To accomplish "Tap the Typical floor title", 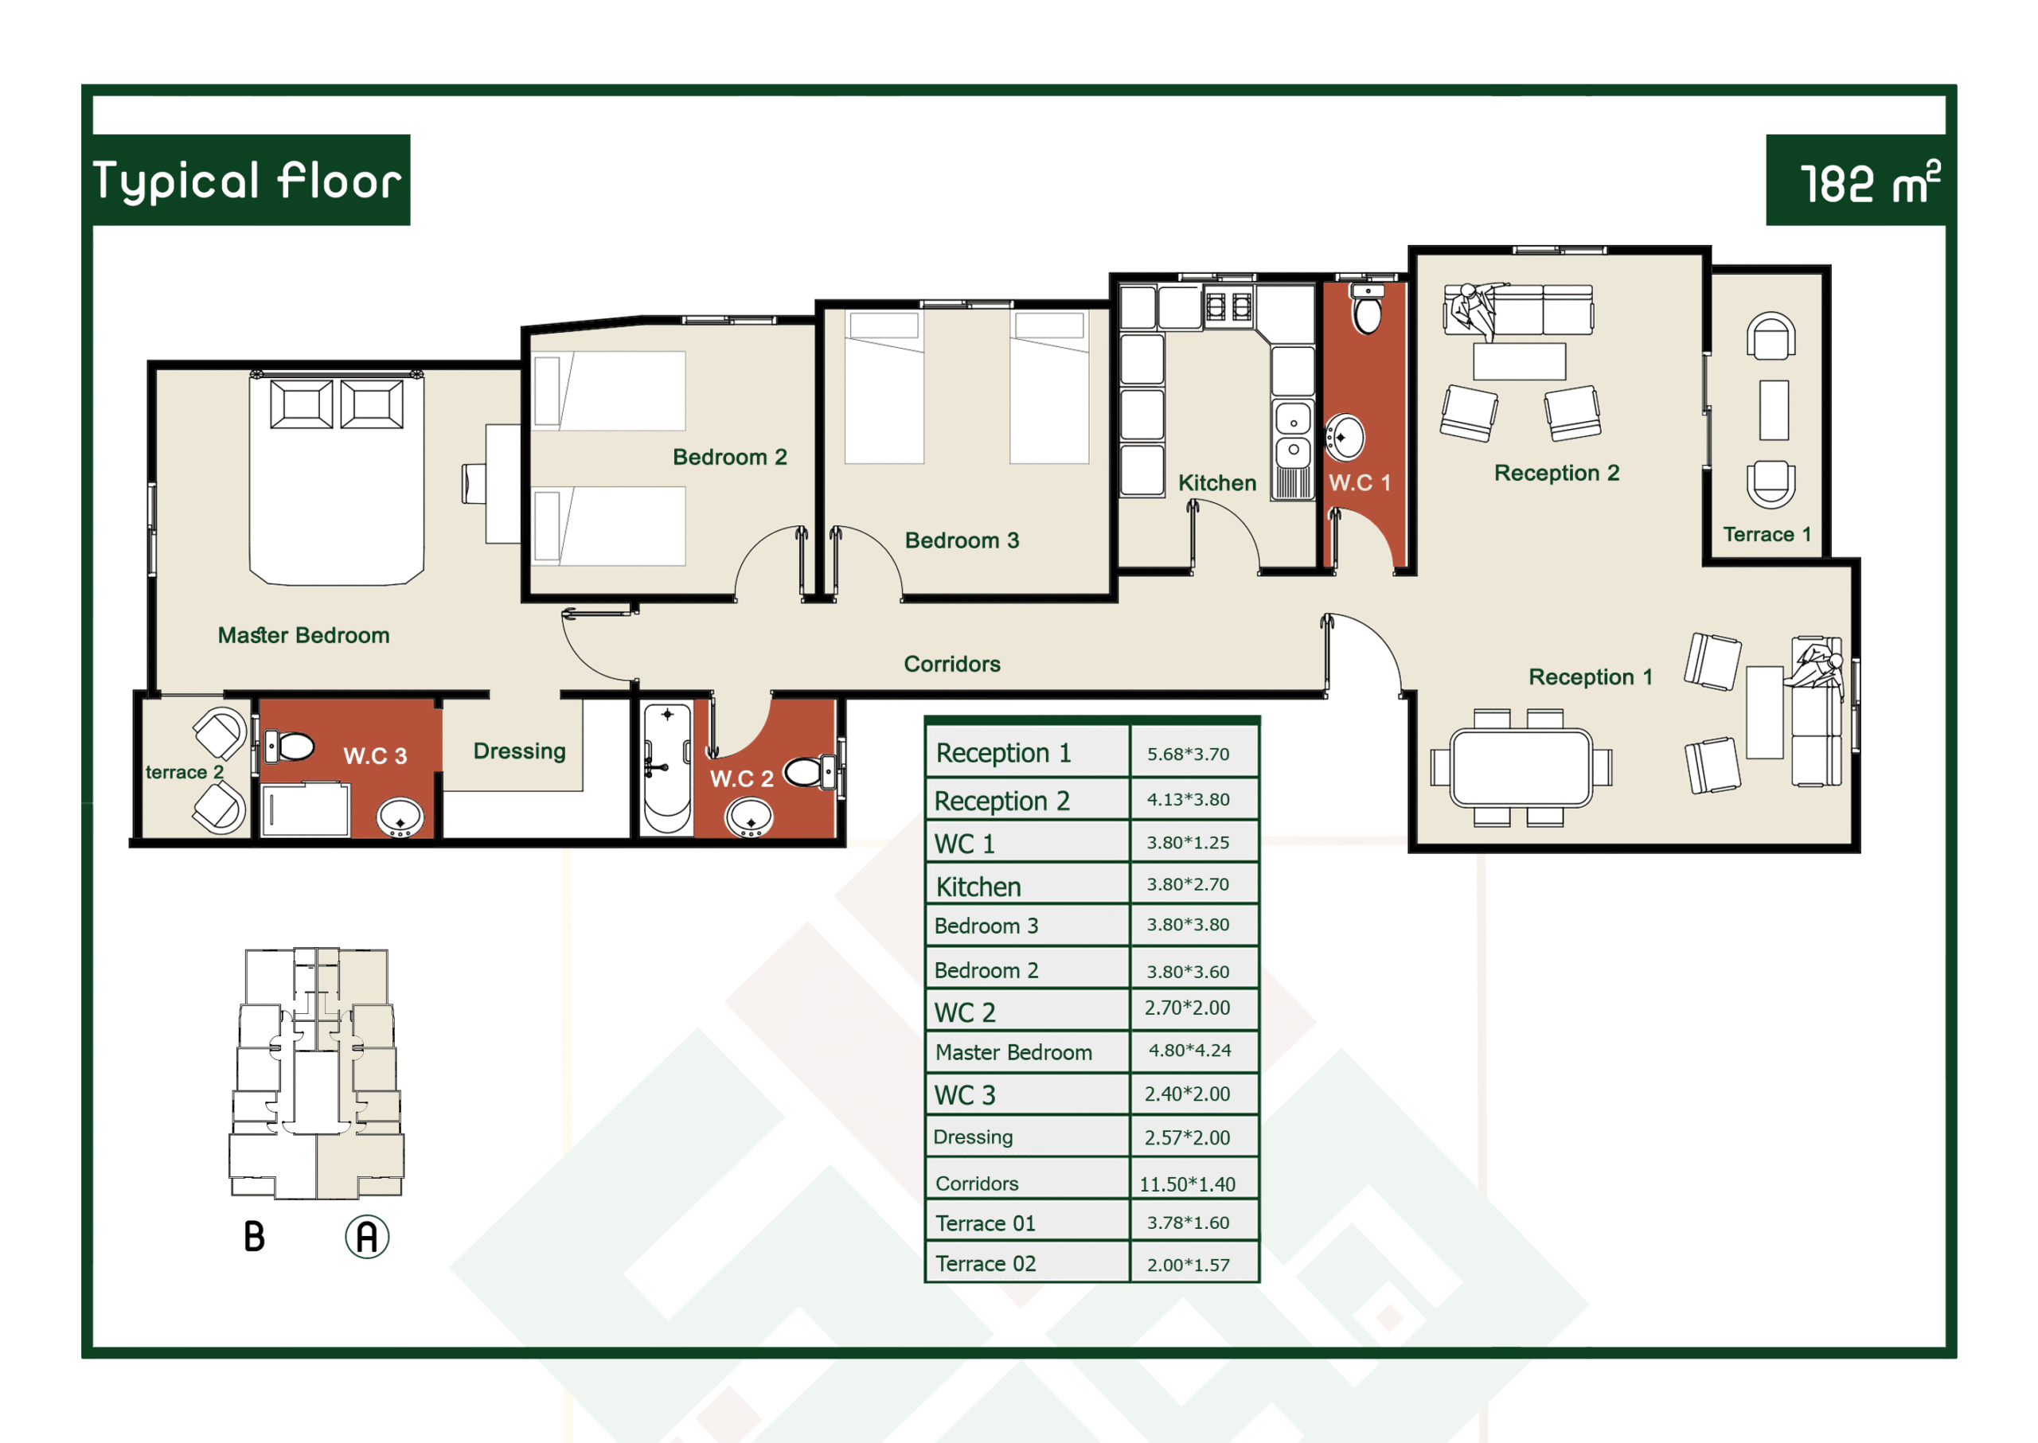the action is coord(247,181).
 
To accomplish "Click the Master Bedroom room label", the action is coord(304,635).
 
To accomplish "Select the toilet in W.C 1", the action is coord(1367,307).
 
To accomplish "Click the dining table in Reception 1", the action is coord(1521,768).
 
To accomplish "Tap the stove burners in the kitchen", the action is coord(1229,306).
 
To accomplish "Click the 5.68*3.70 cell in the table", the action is coord(1188,755).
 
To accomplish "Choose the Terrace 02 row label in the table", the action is coord(986,1263).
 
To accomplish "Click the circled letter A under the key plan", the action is coord(367,1237).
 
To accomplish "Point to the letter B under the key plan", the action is coord(254,1236).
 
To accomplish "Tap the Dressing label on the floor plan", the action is coord(519,751).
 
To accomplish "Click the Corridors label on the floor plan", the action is coord(952,664).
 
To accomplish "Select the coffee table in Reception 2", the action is coord(1519,361).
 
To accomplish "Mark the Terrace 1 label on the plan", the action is coord(1767,534).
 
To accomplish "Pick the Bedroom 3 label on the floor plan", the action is coord(962,540).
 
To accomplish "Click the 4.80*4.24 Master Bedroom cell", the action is coord(1189,1051).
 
